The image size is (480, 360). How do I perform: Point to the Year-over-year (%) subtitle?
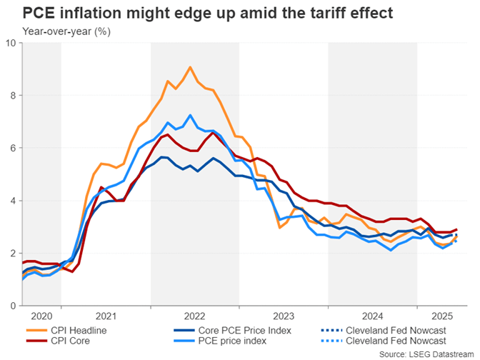pos(66,31)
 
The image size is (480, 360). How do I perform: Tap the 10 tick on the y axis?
pos(11,43)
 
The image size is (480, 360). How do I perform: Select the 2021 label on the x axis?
pos(106,315)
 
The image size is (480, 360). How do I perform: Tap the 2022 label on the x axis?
pos(194,315)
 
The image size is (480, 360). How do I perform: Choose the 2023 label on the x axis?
pos(284,315)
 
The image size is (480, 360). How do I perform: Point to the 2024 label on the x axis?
pos(372,315)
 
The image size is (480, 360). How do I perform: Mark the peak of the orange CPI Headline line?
pos(189,67)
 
